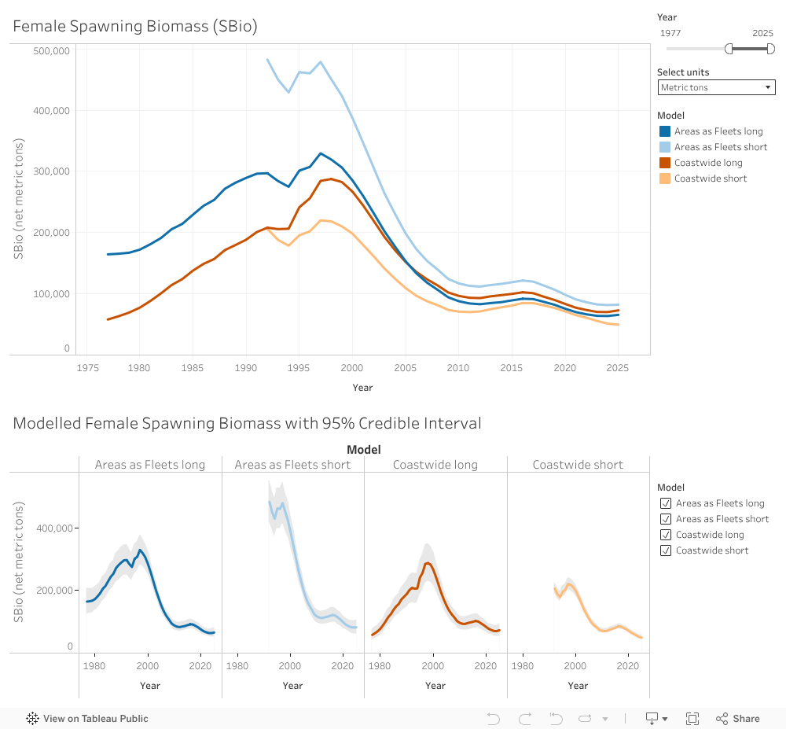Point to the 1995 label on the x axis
tap(299, 367)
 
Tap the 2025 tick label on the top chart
tap(618, 367)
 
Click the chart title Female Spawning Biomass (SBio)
tap(135, 26)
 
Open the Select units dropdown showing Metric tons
tap(717, 87)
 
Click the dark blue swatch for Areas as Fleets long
tap(665, 131)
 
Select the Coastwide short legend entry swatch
tap(665, 179)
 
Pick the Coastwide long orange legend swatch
tap(665, 163)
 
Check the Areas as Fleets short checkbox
tap(666, 519)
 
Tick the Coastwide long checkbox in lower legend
tap(666, 535)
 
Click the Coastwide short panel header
tap(578, 465)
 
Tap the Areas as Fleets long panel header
tap(150, 465)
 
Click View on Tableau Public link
tap(87, 718)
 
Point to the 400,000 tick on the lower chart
tap(53, 528)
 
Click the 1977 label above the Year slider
tap(670, 33)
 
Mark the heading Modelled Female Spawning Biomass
tap(247, 423)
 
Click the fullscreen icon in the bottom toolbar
tap(692, 718)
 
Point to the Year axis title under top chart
tap(362, 388)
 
